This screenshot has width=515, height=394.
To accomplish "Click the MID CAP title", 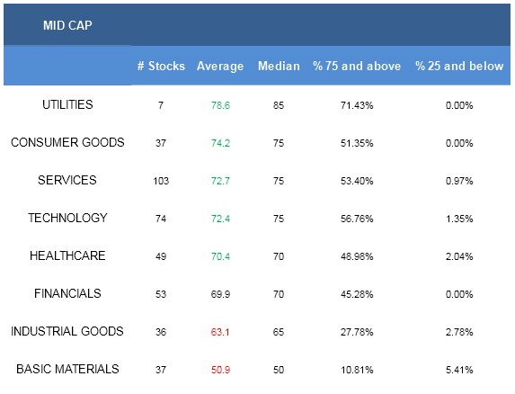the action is tap(67, 25).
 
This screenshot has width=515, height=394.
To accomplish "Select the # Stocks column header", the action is tap(161, 66).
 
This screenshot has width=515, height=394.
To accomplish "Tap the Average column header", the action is tap(220, 66).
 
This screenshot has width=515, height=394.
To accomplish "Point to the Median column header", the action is tap(279, 66).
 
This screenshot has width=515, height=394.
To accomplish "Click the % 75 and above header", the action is tap(357, 66).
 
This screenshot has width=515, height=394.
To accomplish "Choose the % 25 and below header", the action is tap(459, 66).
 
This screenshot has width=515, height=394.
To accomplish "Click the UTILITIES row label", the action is tap(67, 104).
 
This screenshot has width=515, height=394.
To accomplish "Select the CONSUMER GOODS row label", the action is tap(67, 142).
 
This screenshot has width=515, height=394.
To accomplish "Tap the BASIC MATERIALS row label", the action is tap(67, 369).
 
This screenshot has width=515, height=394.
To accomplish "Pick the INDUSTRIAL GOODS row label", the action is tap(67, 331).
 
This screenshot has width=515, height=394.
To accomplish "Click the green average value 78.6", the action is tap(220, 105).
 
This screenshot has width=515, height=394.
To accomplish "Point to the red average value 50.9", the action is tap(220, 370).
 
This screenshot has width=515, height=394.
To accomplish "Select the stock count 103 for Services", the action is tap(161, 181).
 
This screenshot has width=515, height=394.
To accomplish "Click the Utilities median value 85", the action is tap(279, 105).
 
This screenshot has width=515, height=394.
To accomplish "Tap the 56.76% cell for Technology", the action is tap(357, 219).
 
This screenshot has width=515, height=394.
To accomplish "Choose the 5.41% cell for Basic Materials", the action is tap(459, 370).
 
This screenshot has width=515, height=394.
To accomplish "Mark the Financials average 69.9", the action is tap(220, 294).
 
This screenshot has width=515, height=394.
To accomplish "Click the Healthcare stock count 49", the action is tap(161, 256).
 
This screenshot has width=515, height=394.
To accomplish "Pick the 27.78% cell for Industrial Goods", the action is tap(357, 332).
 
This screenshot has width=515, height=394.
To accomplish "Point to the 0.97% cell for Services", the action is tap(459, 181).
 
